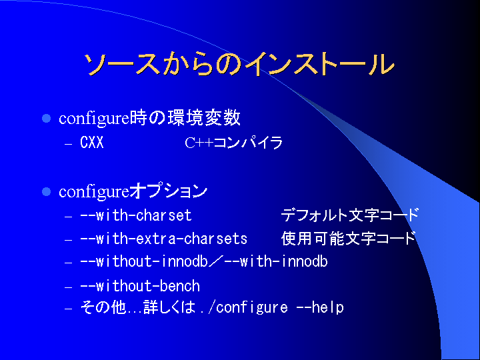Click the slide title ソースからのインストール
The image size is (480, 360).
point(239,64)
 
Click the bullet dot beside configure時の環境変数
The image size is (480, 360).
point(46,119)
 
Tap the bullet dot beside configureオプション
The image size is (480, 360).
point(46,192)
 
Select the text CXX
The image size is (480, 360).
point(92,143)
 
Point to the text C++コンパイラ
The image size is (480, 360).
point(233,143)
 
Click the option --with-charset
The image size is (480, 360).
point(136,215)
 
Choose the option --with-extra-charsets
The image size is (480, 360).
point(164,239)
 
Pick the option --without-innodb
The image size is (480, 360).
point(144,262)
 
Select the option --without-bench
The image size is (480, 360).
point(140,286)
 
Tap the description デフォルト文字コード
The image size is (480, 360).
point(349,215)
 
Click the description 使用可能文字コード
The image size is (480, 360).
point(349,239)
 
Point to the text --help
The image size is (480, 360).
point(320,307)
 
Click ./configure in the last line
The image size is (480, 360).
point(244,307)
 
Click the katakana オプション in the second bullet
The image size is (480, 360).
point(169,191)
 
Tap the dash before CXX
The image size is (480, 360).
point(68,144)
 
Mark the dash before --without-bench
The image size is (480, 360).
point(68,287)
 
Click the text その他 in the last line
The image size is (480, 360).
point(103,307)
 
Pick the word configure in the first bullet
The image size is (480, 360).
point(94,119)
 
